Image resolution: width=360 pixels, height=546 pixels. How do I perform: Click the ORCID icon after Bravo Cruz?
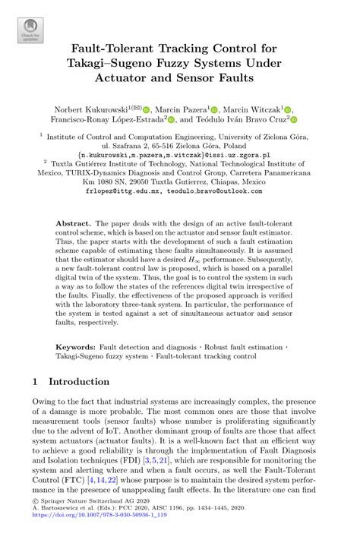point(294,120)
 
